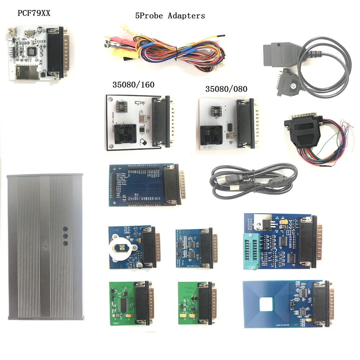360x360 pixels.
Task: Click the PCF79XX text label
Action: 34,13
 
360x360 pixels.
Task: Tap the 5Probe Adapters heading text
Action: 170,16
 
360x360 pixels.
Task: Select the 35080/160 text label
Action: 134,85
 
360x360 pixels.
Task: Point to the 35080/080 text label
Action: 226,89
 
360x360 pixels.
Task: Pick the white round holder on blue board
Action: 121,248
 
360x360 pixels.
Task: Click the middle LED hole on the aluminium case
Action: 66,236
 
